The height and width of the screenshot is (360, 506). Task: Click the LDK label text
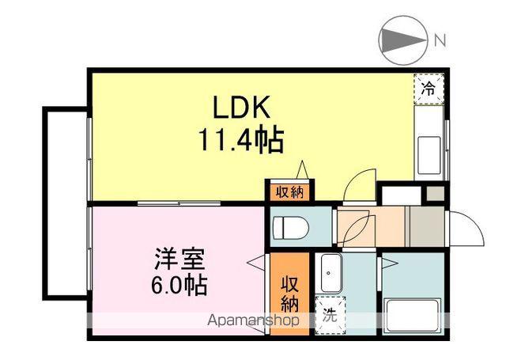point(243,107)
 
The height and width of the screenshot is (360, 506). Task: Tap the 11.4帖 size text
point(241,141)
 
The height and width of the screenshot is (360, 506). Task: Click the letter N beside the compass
point(440,38)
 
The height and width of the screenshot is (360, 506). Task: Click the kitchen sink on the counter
point(430,150)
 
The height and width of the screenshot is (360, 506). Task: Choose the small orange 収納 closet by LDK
point(289,191)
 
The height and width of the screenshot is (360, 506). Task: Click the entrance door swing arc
point(466,229)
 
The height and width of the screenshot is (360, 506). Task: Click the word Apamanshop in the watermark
point(253,321)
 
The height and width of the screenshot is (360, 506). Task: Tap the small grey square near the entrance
point(435,193)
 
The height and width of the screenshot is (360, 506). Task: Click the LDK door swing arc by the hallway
point(358,187)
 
